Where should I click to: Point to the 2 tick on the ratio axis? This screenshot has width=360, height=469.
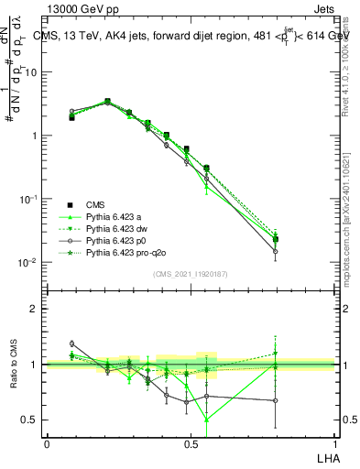(34, 309)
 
